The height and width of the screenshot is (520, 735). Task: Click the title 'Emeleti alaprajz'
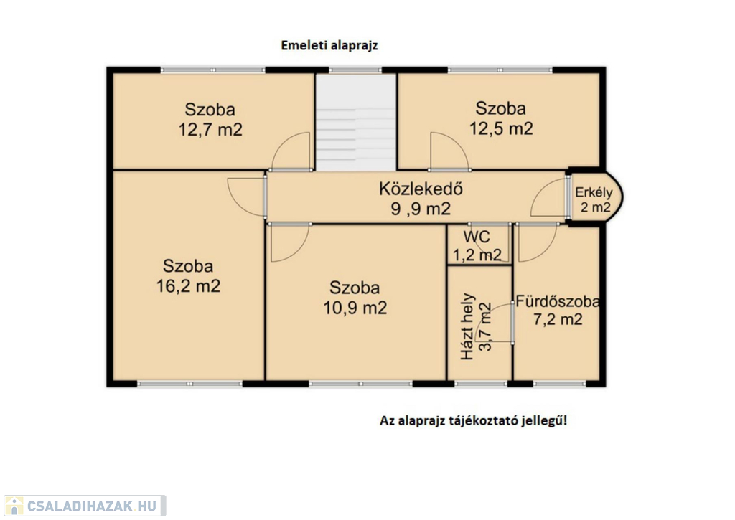[329, 45]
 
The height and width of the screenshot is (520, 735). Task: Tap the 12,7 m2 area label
[210, 130]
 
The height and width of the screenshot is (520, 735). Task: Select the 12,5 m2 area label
[501, 128]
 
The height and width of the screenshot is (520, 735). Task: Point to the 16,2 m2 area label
[188, 285]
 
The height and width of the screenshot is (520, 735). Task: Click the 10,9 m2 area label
[355, 308]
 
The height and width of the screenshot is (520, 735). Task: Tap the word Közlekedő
[421, 189]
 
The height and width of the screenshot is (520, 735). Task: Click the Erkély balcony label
[594, 192]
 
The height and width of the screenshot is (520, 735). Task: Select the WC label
[477, 237]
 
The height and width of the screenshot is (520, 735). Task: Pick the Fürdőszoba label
[558, 301]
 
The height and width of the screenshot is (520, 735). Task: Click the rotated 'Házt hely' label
[468, 326]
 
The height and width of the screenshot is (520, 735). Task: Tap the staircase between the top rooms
[356, 122]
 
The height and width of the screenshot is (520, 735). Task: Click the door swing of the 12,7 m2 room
[291, 151]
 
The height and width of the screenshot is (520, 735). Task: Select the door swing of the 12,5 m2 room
[449, 151]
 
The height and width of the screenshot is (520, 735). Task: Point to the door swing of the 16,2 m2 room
[247, 197]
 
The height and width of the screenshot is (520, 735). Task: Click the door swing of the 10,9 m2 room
[290, 242]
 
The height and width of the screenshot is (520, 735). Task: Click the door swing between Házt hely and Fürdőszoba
[494, 323]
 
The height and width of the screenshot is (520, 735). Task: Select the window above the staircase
[355, 70]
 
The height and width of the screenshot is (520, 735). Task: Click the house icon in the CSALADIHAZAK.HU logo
[14, 506]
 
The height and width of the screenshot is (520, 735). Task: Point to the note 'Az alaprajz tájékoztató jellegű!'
[474, 421]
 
